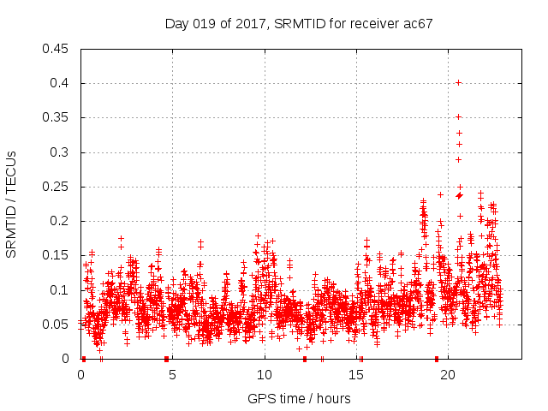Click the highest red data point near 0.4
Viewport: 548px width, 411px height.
tap(459, 82)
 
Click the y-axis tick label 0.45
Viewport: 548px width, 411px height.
tap(57, 49)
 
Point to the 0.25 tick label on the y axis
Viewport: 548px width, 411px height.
tap(57, 187)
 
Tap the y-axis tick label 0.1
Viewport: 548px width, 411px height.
tap(61, 290)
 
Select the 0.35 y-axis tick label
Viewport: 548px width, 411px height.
tap(57, 117)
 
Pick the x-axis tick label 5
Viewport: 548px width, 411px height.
tap(172, 374)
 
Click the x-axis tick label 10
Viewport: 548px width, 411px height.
tap(264, 374)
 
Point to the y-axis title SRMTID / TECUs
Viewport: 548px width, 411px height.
tap(12, 204)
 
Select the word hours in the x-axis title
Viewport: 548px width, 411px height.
tap(332, 398)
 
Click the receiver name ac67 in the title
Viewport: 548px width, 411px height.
tap(418, 23)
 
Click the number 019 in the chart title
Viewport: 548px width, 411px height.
tap(205, 23)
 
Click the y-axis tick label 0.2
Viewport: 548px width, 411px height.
tap(61, 221)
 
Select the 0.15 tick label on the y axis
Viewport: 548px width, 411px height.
tap(57, 255)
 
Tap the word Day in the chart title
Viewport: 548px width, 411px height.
tap(177, 23)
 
